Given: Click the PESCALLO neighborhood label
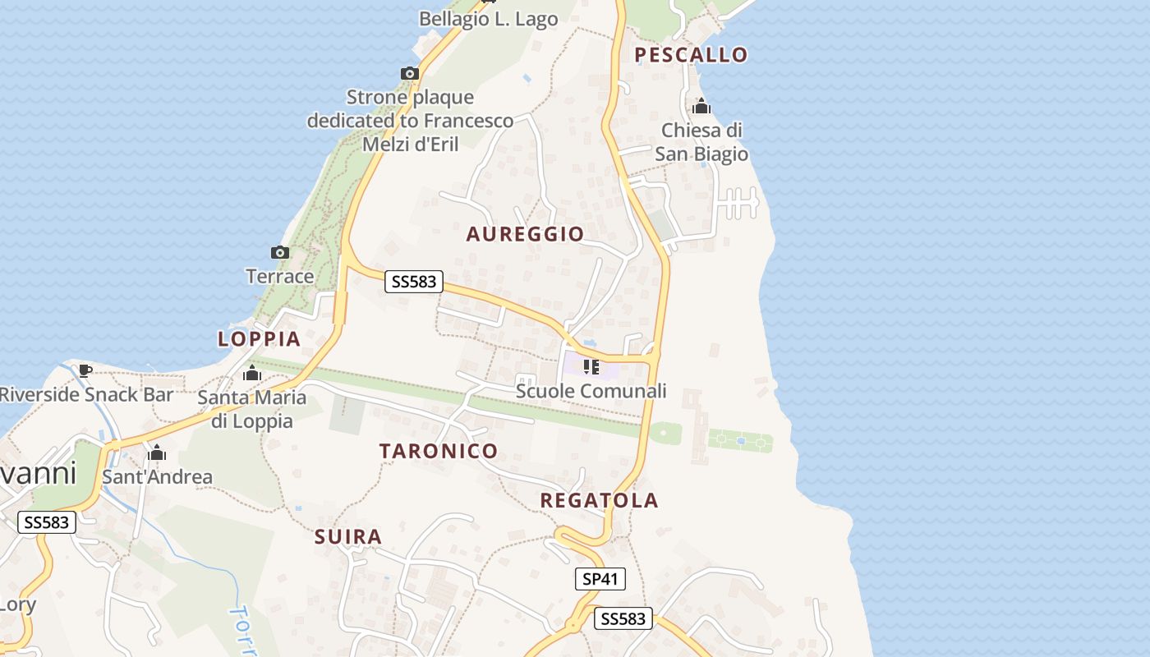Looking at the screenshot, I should pyautogui.click(x=691, y=55).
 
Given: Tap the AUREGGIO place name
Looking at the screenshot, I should pyautogui.click(x=525, y=234).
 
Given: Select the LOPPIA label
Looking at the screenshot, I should pyautogui.click(x=259, y=338).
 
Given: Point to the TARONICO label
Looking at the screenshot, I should pyautogui.click(x=439, y=451).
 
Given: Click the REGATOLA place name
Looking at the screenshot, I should pyautogui.click(x=600, y=500).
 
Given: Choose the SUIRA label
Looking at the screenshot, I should pyautogui.click(x=348, y=537).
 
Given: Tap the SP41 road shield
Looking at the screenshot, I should pyautogui.click(x=600, y=579).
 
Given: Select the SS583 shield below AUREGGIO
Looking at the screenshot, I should pyautogui.click(x=414, y=282).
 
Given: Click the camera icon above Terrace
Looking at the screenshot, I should pyautogui.click(x=280, y=252).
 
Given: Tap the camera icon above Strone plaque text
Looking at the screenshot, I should pyautogui.click(x=410, y=73).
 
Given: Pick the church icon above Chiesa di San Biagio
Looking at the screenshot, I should pyautogui.click(x=701, y=106).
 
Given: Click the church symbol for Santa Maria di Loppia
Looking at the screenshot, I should pyautogui.click(x=252, y=374).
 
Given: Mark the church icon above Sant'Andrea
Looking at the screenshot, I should pyautogui.click(x=157, y=453).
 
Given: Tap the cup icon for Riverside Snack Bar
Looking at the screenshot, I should pyautogui.click(x=85, y=370).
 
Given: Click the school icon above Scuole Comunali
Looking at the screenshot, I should pyautogui.click(x=591, y=366).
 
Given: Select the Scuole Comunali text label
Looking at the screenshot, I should pyautogui.click(x=591, y=391).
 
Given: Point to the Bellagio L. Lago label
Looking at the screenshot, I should pyautogui.click(x=488, y=19).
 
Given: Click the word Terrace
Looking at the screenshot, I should pyautogui.click(x=280, y=276).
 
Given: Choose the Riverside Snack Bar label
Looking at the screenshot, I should pyautogui.click(x=86, y=394).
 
